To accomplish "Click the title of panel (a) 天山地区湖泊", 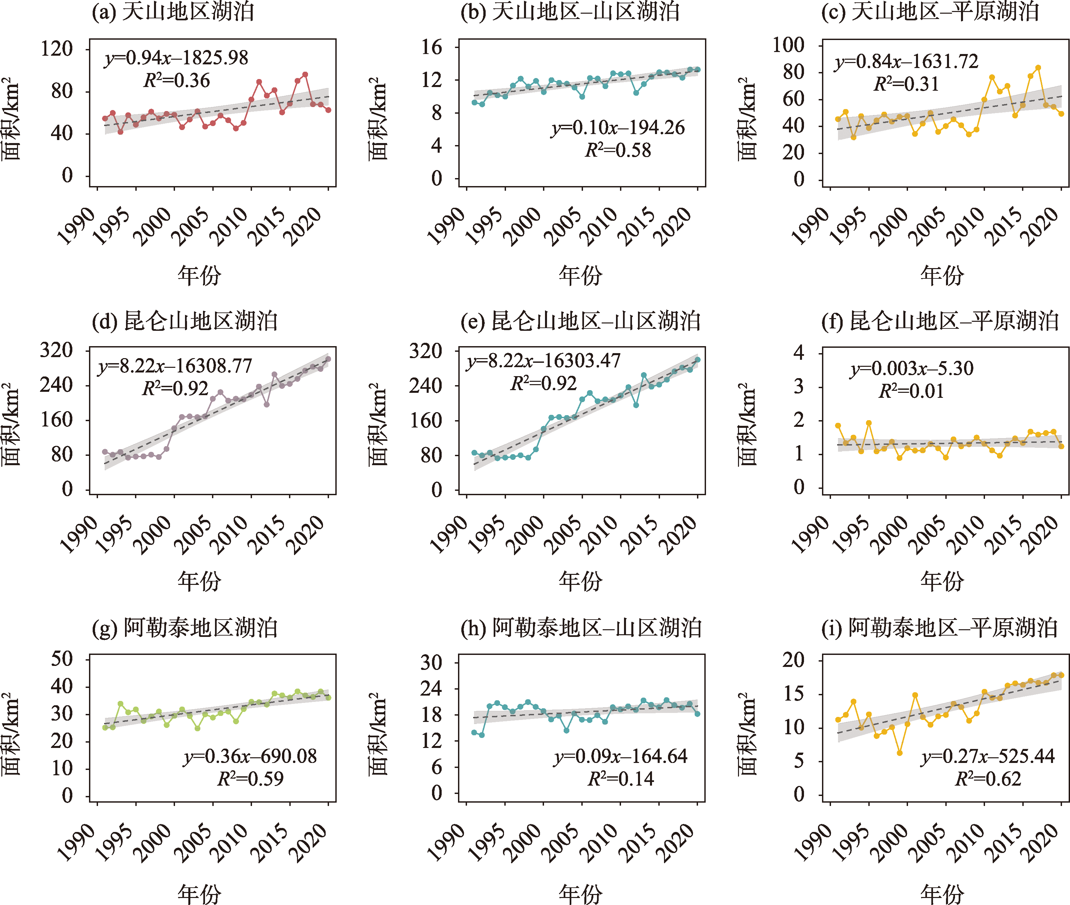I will [173, 11].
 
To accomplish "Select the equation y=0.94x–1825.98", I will [176, 58].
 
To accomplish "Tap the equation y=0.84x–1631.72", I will [906, 62].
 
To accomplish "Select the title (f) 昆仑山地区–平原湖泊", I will [940, 321].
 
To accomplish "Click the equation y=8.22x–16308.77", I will [175, 366].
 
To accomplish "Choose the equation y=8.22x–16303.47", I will [543, 361].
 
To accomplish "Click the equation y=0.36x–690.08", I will [250, 756].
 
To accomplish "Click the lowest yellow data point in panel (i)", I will [900, 753].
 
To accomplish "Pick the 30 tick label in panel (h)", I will [431, 663].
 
